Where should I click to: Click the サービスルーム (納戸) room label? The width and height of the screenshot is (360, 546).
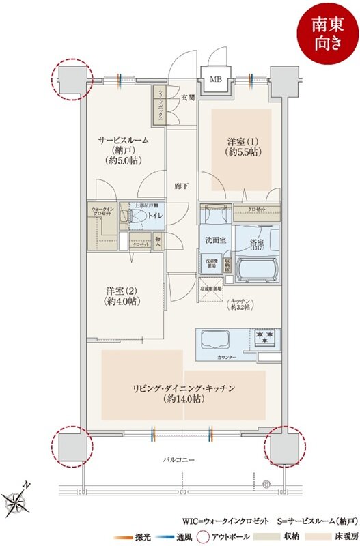pyautogui.click(x=123, y=150)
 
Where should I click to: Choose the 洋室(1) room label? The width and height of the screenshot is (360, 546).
pyautogui.click(x=243, y=147)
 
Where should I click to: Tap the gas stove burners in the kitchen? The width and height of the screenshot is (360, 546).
pyautogui.click(x=266, y=336)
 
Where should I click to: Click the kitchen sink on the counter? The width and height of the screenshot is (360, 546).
pyautogui.click(x=213, y=339)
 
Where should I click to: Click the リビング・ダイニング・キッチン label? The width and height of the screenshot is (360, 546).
pyautogui.click(x=184, y=393)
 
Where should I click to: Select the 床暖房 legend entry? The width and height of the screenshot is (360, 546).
pyautogui.click(x=335, y=536)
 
